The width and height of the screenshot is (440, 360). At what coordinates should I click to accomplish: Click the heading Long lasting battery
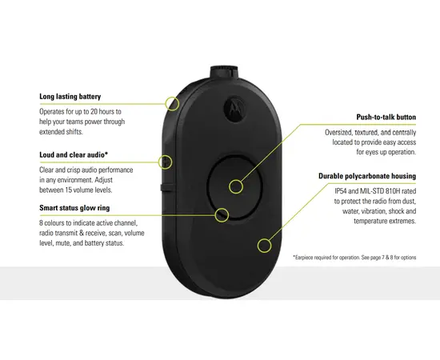[x=70, y=97]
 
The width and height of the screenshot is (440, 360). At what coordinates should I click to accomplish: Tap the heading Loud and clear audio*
[x=74, y=154]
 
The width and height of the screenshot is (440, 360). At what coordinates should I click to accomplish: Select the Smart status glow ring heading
[x=74, y=208]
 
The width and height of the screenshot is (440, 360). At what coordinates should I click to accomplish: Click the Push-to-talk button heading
[x=386, y=117]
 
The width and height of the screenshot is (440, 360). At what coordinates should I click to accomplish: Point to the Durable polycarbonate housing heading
[x=367, y=176]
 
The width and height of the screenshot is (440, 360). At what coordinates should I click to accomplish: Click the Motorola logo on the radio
[x=234, y=109]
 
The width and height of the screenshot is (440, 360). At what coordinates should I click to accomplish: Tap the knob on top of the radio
[x=224, y=72]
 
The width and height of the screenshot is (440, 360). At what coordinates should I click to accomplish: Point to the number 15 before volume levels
[x=69, y=190]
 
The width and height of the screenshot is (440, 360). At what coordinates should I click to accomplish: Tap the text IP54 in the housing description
[x=341, y=191]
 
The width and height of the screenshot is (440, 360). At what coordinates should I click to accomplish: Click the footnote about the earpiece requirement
[x=354, y=258]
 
